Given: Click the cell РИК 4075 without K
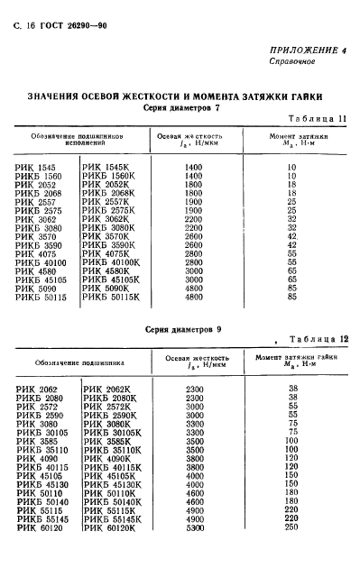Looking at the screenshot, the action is pyautogui.click(x=36, y=253).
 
